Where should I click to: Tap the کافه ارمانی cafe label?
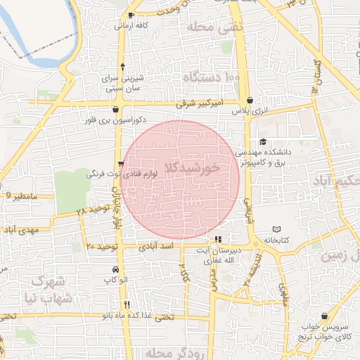pos(131,25)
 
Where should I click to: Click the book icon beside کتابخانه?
pos(276,230)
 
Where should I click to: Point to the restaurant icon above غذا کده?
pos(127,304)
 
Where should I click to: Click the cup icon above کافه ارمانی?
pos(132,15)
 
